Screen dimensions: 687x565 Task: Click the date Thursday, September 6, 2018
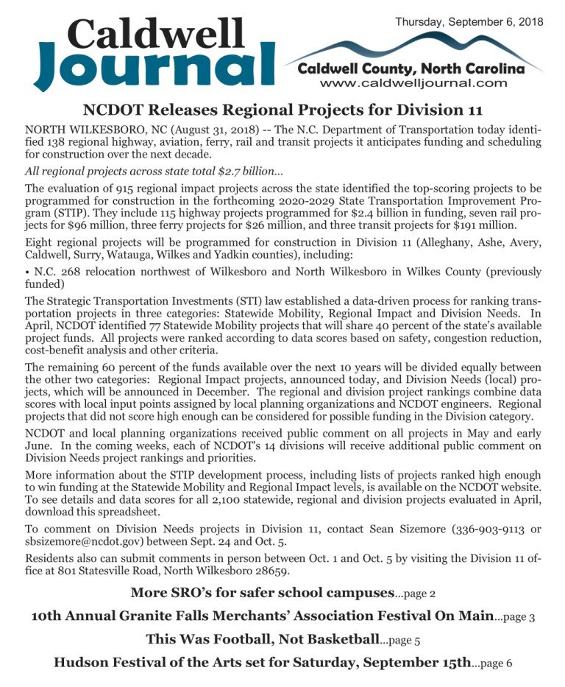(x=469, y=22)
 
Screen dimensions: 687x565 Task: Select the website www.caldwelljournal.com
(x=414, y=83)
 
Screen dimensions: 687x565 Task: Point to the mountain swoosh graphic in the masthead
(x=412, y=50)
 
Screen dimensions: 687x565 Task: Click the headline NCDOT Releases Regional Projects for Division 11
(x=282, y=110)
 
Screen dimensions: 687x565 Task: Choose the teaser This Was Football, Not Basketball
(x=262, y=638)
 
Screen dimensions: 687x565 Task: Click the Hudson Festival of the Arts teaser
(x=262, y=662)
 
